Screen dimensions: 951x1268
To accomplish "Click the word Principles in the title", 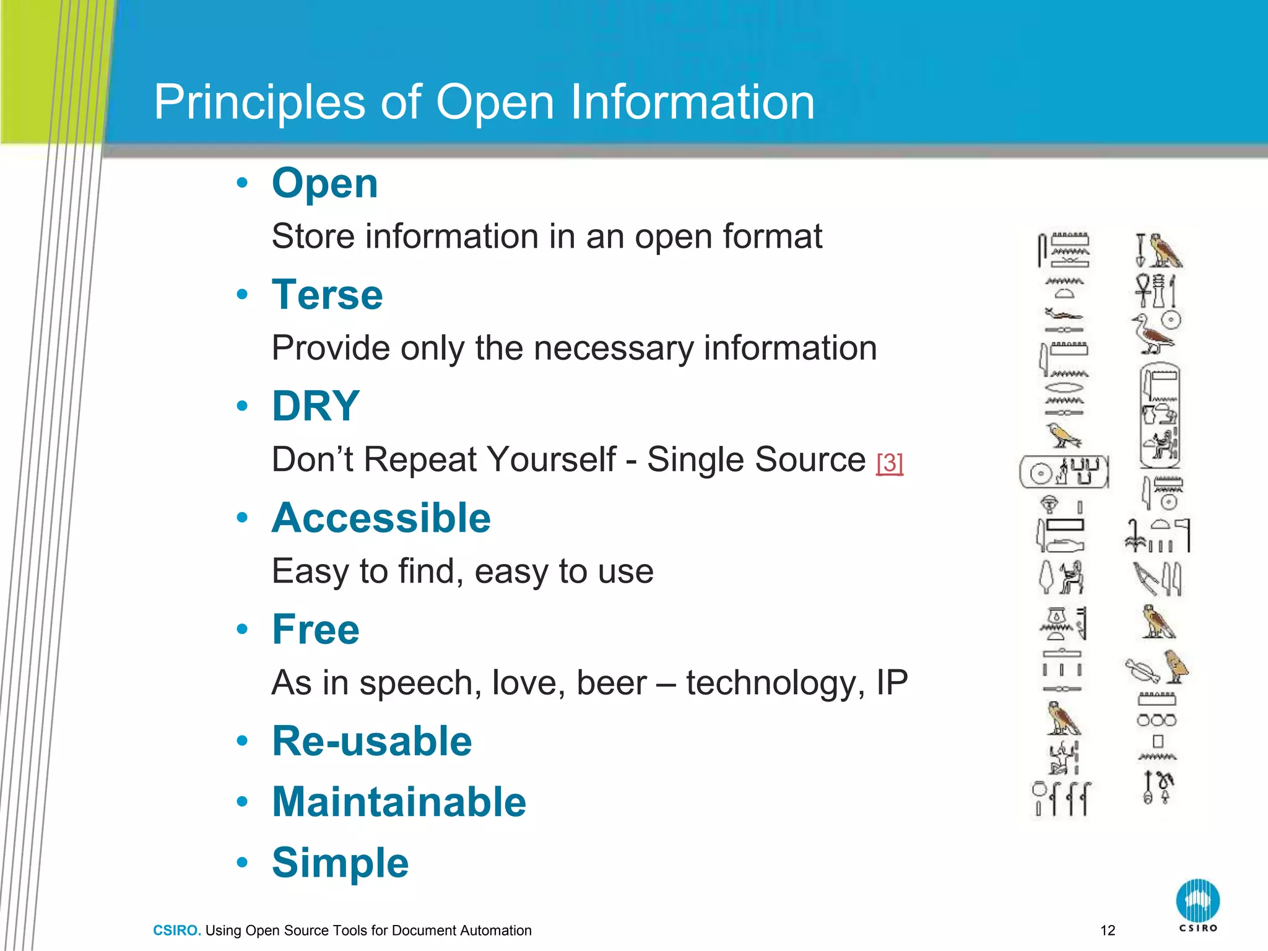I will coord(259,102).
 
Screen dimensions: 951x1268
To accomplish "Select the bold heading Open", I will coord(324,184).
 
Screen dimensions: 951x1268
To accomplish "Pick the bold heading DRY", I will coord(315,406).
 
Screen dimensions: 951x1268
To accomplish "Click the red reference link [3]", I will coord(890,463).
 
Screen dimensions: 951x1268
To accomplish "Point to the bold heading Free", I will coord(315,629).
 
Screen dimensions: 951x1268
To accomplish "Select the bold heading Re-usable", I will coord(371,741).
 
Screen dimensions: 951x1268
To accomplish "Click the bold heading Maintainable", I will coord(399,802).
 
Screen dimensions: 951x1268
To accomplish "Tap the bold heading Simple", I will coord(340,862).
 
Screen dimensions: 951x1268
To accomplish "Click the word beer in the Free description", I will coord(611,683).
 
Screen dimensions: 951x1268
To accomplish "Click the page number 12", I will coord(1108,930).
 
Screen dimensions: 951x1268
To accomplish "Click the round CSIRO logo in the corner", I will coord(1197,901).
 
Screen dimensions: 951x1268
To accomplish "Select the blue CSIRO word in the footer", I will coord(176,931).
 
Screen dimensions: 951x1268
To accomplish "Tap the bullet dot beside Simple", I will coord(242,862).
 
